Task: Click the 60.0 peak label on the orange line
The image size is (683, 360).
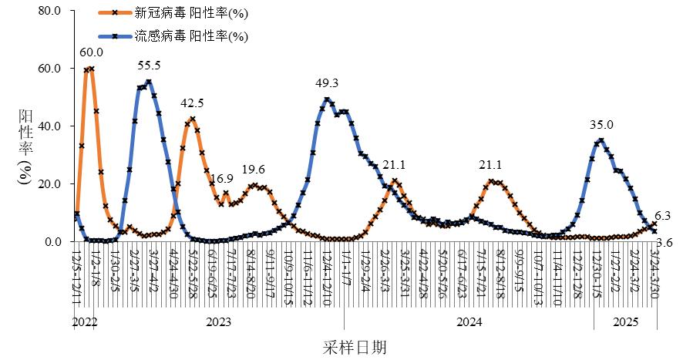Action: pyautogui.click(x=92, y=52)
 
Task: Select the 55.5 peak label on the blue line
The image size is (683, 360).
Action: pyautogui.click(x=148, y=66)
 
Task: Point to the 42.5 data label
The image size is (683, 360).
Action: pyautogui.click(x=192, y=103)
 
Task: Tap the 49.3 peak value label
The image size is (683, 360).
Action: pyautogui.click(x=328, y=82)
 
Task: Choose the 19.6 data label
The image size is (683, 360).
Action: pyautogui.click(x=254, y=170)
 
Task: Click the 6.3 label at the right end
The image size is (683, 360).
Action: pyautogui.click(x=662, y=216)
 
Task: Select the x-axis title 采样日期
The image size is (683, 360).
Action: pyautogui.click(x=354, y=348)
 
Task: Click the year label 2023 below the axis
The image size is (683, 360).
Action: pyautogui.click(x=220, y=321)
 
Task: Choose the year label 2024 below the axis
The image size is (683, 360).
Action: pyautogui.click(x=469, y=321)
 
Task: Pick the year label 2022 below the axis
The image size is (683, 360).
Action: pyautogui.click(x=85, y=321)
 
